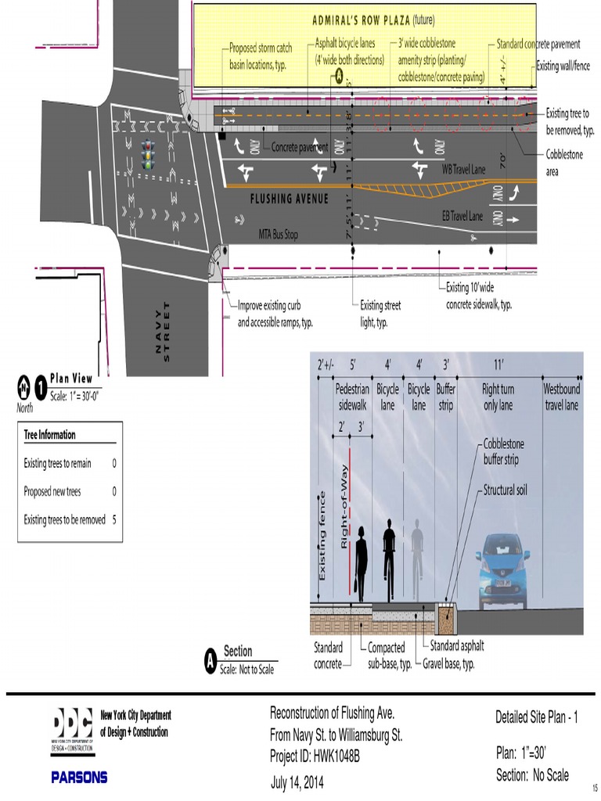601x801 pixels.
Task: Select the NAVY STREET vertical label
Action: pos(164,331)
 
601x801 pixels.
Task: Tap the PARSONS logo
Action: pos(79,778)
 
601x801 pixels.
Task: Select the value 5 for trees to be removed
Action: pos(114,519)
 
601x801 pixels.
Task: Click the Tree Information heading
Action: pos(50,435)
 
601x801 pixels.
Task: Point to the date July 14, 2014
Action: pos(297,782)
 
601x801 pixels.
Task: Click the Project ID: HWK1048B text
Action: pos(315,756)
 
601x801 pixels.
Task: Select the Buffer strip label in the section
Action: pos(445,397)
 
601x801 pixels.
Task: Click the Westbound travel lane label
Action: pos(562,397)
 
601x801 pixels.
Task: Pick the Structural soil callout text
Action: pos(505,490)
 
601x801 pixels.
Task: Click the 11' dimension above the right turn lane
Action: pos(498,364)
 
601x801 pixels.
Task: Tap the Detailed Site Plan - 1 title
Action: pos(536,718)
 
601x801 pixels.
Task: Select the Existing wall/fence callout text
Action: pos(563,66)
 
